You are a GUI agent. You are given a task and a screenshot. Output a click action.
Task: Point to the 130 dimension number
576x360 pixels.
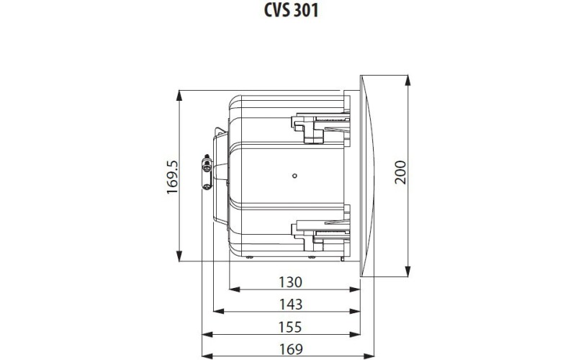click(290, 282)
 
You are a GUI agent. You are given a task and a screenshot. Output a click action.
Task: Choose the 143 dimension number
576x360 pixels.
click(290, 304)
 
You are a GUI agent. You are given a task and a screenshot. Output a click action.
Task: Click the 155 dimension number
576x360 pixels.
click(290, 327)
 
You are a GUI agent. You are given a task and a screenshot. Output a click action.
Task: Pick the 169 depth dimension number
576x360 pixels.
click(290, 349)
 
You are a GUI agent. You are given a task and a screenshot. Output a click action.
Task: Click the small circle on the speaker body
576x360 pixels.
click(294, 175)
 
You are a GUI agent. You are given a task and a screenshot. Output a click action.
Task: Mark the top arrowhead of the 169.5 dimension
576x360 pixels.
click(179, 94)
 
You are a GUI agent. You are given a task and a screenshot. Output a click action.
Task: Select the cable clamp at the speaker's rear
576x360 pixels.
click(207, 173)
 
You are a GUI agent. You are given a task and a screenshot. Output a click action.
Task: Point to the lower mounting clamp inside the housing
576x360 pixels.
click(317, 228)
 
